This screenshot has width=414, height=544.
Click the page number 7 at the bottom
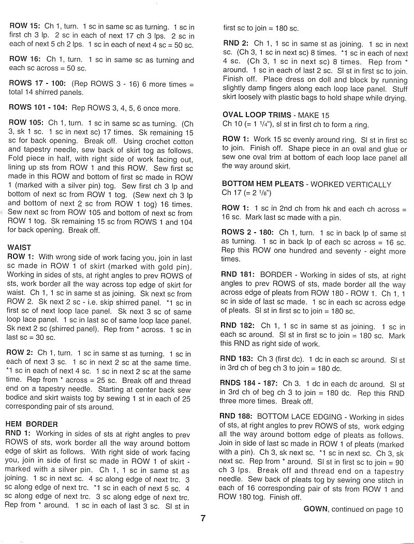203,518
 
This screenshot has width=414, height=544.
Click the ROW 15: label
24,26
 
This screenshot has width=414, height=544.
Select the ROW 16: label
25,60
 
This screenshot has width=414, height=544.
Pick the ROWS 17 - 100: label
38,83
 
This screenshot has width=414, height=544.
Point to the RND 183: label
237,359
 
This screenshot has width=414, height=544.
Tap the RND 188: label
237,416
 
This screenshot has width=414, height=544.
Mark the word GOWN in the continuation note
316,509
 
